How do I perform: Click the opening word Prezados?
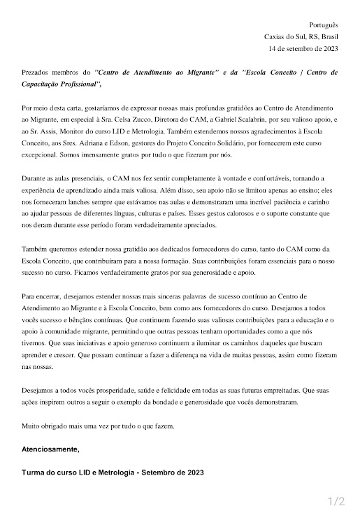click(36, 72)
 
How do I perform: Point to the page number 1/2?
click(336, 500)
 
